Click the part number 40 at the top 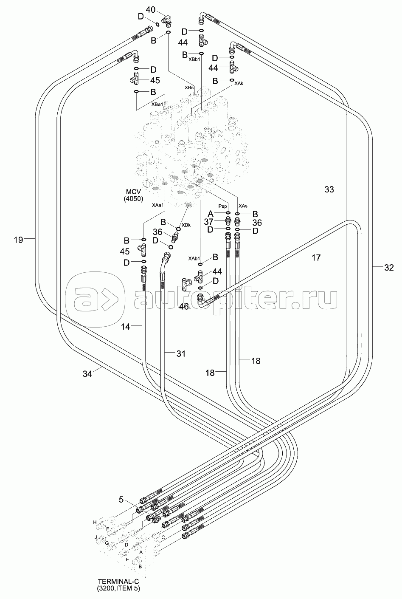point(151,9)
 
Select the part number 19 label point(18,240)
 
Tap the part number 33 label point(329,189)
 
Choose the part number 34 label point(87,373)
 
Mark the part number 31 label point(181,353)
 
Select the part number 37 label point(208,222)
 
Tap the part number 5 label point(122,500)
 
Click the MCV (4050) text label point(134,195)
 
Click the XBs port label point(189,87)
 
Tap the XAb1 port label point(195,258)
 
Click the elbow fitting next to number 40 point(168,20)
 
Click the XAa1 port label point(158,205)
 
